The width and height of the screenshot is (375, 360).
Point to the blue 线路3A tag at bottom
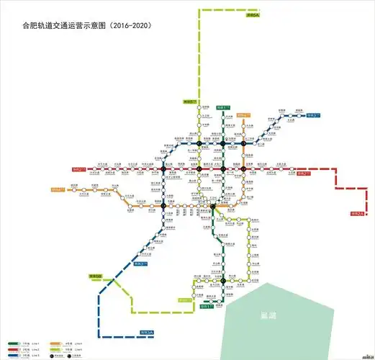pos(147,332)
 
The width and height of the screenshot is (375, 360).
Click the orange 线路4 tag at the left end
pos(59,189)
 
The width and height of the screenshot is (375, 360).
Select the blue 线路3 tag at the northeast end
pos(314,114)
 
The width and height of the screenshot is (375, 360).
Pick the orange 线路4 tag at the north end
pos(245,114)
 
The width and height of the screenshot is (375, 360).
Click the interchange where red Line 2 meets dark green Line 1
pos(224,169)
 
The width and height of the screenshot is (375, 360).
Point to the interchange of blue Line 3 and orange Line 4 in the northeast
pos(244,143)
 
